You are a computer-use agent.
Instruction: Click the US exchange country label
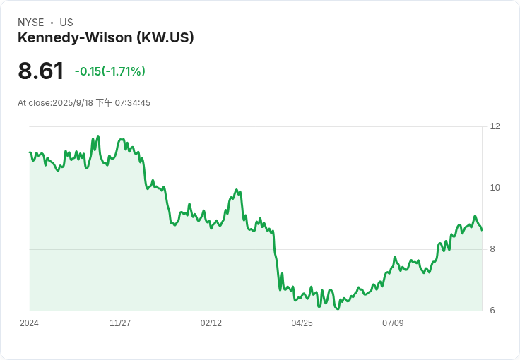tap(66, 23)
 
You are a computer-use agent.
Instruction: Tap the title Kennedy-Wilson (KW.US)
tap(106, 37)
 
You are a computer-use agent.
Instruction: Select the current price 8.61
tap(41, 71)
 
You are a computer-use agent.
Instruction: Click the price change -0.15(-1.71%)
tap(110, 71)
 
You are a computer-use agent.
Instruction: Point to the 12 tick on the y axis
tap(495, 126)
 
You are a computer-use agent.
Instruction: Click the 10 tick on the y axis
tap(495, 188)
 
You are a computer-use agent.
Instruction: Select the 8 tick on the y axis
tap(492, 249)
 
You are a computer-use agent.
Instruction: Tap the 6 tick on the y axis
tap(492, 311)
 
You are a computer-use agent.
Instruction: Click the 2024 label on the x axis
tap(30, 323)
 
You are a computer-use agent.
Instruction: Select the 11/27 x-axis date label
tap(120, 323)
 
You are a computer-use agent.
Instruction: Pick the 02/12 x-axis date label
tap(211, 323)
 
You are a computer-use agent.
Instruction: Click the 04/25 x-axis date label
tap(302, 323)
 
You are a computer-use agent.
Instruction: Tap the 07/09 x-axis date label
tap(393, 323)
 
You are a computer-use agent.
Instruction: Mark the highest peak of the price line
tap(98, 136)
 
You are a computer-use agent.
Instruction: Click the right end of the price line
tap(482, 230)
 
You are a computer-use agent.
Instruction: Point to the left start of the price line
tap(30, 152)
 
